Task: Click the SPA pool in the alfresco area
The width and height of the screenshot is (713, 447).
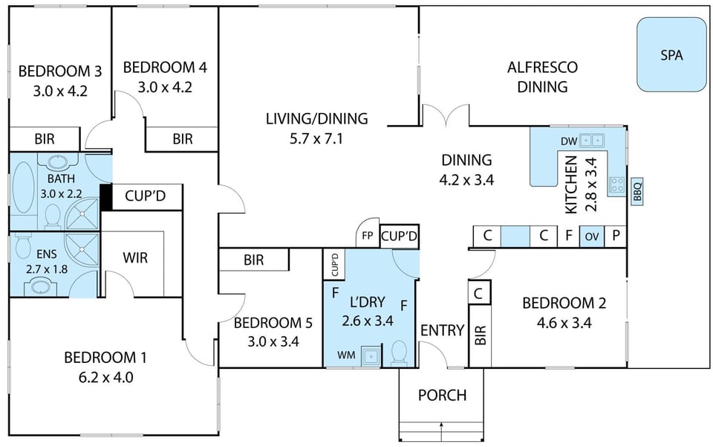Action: pyautogui.click(x=671, y=55)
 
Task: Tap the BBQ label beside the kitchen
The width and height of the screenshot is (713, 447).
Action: pyautogui.click(x=637, y=191)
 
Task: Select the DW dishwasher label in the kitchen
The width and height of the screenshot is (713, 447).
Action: pyautogui.click(x=568, y=141)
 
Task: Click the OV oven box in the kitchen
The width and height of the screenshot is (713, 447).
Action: pyautogui.click(x=591, y=237)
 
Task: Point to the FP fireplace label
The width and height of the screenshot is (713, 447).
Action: pyautogui.click(x=368, y=236)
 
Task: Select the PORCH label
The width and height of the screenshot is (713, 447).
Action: pyautogui.click(x=442, y=395)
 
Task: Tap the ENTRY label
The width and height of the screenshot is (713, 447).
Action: pyautogui.click(x=442, y=330)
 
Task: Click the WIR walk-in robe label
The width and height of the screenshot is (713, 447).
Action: pyautogui.click(x=135, y=258)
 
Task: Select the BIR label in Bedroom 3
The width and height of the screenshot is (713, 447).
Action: pyautogui.click(x=43, y=138)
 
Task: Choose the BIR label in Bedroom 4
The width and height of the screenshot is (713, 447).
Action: pyautogui.click(x=182, y=138)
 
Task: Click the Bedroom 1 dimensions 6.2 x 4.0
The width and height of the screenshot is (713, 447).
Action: pyautogui.click(x=105, y=376)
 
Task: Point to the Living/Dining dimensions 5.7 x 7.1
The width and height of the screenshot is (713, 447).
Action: pyautogui.click(x=317, y=138)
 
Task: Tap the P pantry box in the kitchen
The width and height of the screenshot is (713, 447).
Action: pyautogui.click(x=616, y=237)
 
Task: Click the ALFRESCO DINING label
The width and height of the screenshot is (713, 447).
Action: pyautogui.click(x=542, y=77)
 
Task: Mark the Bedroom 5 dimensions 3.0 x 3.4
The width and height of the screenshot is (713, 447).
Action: pyautogui.click(x=272, y=342)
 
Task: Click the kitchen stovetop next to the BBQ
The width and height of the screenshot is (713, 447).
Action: pyautogui.click(x=616, y=185)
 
